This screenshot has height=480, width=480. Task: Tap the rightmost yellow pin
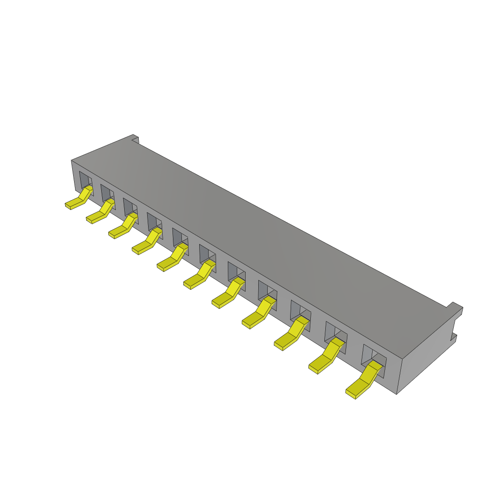[364, 380]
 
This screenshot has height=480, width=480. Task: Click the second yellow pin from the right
[326, 357]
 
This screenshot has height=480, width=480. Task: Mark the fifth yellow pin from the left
[172, 258]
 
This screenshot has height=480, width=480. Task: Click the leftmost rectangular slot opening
[84, 180]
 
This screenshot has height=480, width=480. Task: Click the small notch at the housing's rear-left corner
[135, 139]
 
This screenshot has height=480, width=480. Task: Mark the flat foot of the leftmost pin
[73, 204]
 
